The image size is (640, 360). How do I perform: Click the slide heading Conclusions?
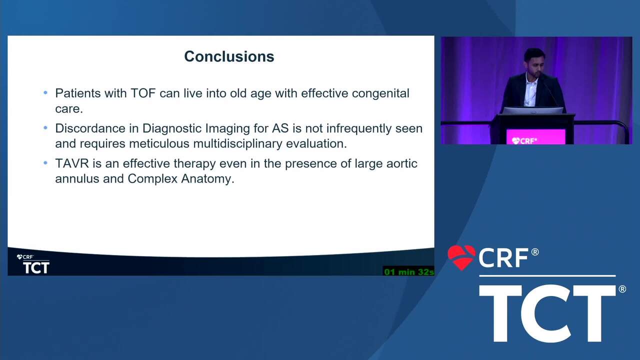(x=229, y=56)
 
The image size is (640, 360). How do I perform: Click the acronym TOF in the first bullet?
(x=143, y=93)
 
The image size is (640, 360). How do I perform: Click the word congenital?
(x=380, y=93)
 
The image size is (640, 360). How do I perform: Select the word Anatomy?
(x=207, y=179)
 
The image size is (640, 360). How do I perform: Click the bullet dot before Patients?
(x=45, y=92)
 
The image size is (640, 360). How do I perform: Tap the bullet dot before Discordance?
(x=45, y=127)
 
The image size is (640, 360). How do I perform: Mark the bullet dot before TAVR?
(x=45, y=163)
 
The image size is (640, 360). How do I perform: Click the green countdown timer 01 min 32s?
(x=409, y=271)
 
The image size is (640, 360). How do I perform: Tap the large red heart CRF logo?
(x=461, y=257)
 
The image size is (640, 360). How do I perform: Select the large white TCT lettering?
(x=547, y=313)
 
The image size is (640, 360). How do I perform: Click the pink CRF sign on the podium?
(x=535, y=137)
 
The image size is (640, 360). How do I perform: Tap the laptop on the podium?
(x=532, y=111)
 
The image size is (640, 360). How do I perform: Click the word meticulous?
(x=159, y=143)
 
